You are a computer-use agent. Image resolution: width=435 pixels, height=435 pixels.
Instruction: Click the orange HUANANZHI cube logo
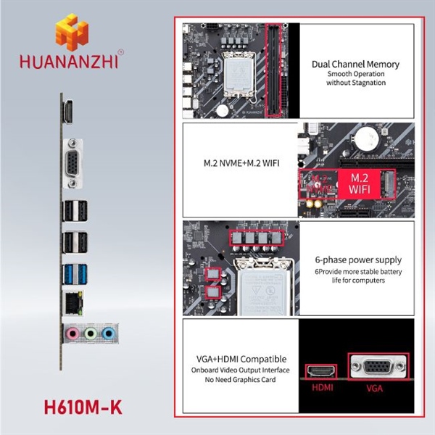(72, 32)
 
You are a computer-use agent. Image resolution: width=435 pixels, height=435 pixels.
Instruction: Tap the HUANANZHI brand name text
(69, 62)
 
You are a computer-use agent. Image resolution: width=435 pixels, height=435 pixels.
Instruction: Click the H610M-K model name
(83, 407)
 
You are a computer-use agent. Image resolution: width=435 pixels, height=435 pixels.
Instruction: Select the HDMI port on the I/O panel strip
(68, 112)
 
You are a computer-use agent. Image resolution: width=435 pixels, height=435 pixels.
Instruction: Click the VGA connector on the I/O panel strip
(72, 164)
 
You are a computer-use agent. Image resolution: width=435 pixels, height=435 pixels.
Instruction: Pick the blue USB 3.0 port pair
(75, 274)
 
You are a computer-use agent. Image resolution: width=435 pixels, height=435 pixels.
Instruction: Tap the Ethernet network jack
(72, 303)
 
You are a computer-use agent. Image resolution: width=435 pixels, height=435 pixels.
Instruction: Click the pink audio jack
(72, 333)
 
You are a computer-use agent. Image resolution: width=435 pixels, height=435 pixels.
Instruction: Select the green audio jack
(91, 333)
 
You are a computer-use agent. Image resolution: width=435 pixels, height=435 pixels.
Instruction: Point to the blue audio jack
(108, 333)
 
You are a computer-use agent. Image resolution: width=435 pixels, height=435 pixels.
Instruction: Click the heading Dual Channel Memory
(356, 65)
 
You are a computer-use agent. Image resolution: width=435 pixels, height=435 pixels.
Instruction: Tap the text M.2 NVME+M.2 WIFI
(241, 163)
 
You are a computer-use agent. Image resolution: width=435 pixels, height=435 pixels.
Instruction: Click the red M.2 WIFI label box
(360, 184)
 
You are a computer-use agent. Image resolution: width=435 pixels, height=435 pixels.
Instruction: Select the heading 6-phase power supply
(358, 260)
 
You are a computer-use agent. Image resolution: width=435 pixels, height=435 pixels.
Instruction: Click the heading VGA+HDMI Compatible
(241, 359)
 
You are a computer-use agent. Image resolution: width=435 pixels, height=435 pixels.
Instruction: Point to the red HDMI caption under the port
(323, 387)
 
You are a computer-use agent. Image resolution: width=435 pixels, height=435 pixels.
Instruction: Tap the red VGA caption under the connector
(375, 388)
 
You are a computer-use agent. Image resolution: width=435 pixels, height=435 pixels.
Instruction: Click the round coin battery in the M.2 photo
(367, 138)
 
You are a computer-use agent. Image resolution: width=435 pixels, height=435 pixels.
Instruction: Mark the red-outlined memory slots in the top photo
(273, 70)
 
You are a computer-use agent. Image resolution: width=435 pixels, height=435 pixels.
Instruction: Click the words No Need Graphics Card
(240, 379)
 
